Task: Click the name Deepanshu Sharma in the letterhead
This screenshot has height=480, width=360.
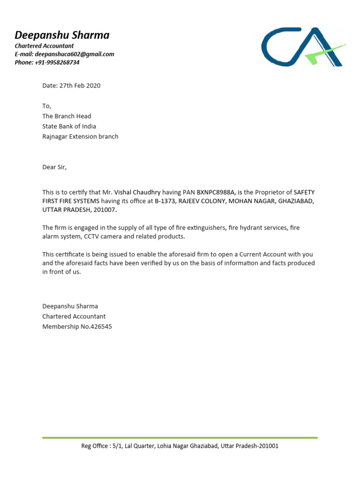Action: [62, 35]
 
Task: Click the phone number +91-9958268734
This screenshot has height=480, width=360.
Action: [57, 62]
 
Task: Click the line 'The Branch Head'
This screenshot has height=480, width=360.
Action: [67, 116]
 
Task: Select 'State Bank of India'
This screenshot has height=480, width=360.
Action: [69, 127]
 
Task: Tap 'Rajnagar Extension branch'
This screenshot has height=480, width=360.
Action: [80, 137]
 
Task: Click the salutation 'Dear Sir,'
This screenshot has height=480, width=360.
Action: [55, 167]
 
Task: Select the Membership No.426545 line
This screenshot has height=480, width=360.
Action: [77, 327]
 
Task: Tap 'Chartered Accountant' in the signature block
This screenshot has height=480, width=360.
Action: [74, 316]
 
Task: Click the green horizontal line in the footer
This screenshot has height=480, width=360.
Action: [180, 438]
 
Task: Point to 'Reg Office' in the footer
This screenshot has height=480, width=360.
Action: [94, 446]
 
